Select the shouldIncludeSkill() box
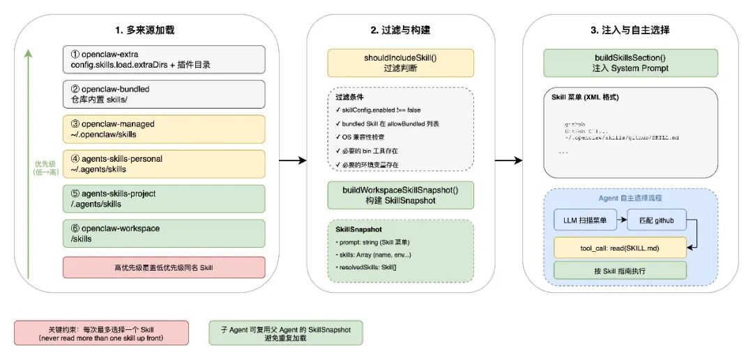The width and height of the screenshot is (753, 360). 401,63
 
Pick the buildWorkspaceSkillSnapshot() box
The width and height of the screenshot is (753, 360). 401,195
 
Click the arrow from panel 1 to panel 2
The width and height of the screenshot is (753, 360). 293,161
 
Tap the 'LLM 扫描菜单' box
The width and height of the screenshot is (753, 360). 585,220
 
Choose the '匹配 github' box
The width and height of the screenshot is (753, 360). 657,220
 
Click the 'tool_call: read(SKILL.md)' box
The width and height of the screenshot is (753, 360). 620,246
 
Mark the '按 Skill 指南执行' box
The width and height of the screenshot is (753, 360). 620,271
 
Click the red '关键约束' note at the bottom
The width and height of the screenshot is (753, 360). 101,333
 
